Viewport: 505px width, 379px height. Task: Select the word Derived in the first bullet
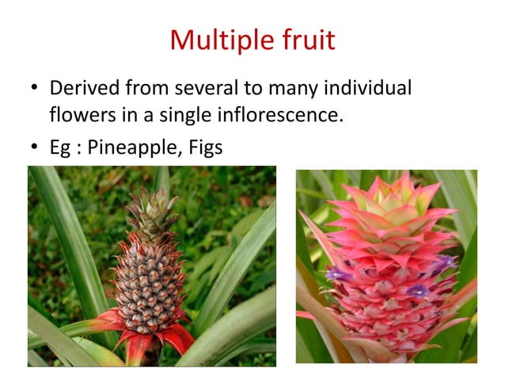pyautogui.click(x=82, y=88)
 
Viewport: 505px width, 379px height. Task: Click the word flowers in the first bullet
pyautogui.click(x=78, y=116)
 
